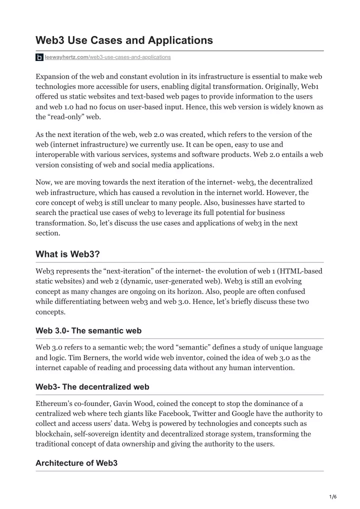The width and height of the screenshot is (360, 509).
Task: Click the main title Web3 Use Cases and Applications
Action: point(124,40)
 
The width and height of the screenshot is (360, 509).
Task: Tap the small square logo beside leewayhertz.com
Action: point(39,57)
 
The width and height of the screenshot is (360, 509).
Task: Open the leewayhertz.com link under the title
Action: point(107,57)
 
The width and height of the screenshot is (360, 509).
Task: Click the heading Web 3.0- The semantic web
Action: point(88,330)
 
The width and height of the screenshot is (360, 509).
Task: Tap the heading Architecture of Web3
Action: point(76,463)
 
